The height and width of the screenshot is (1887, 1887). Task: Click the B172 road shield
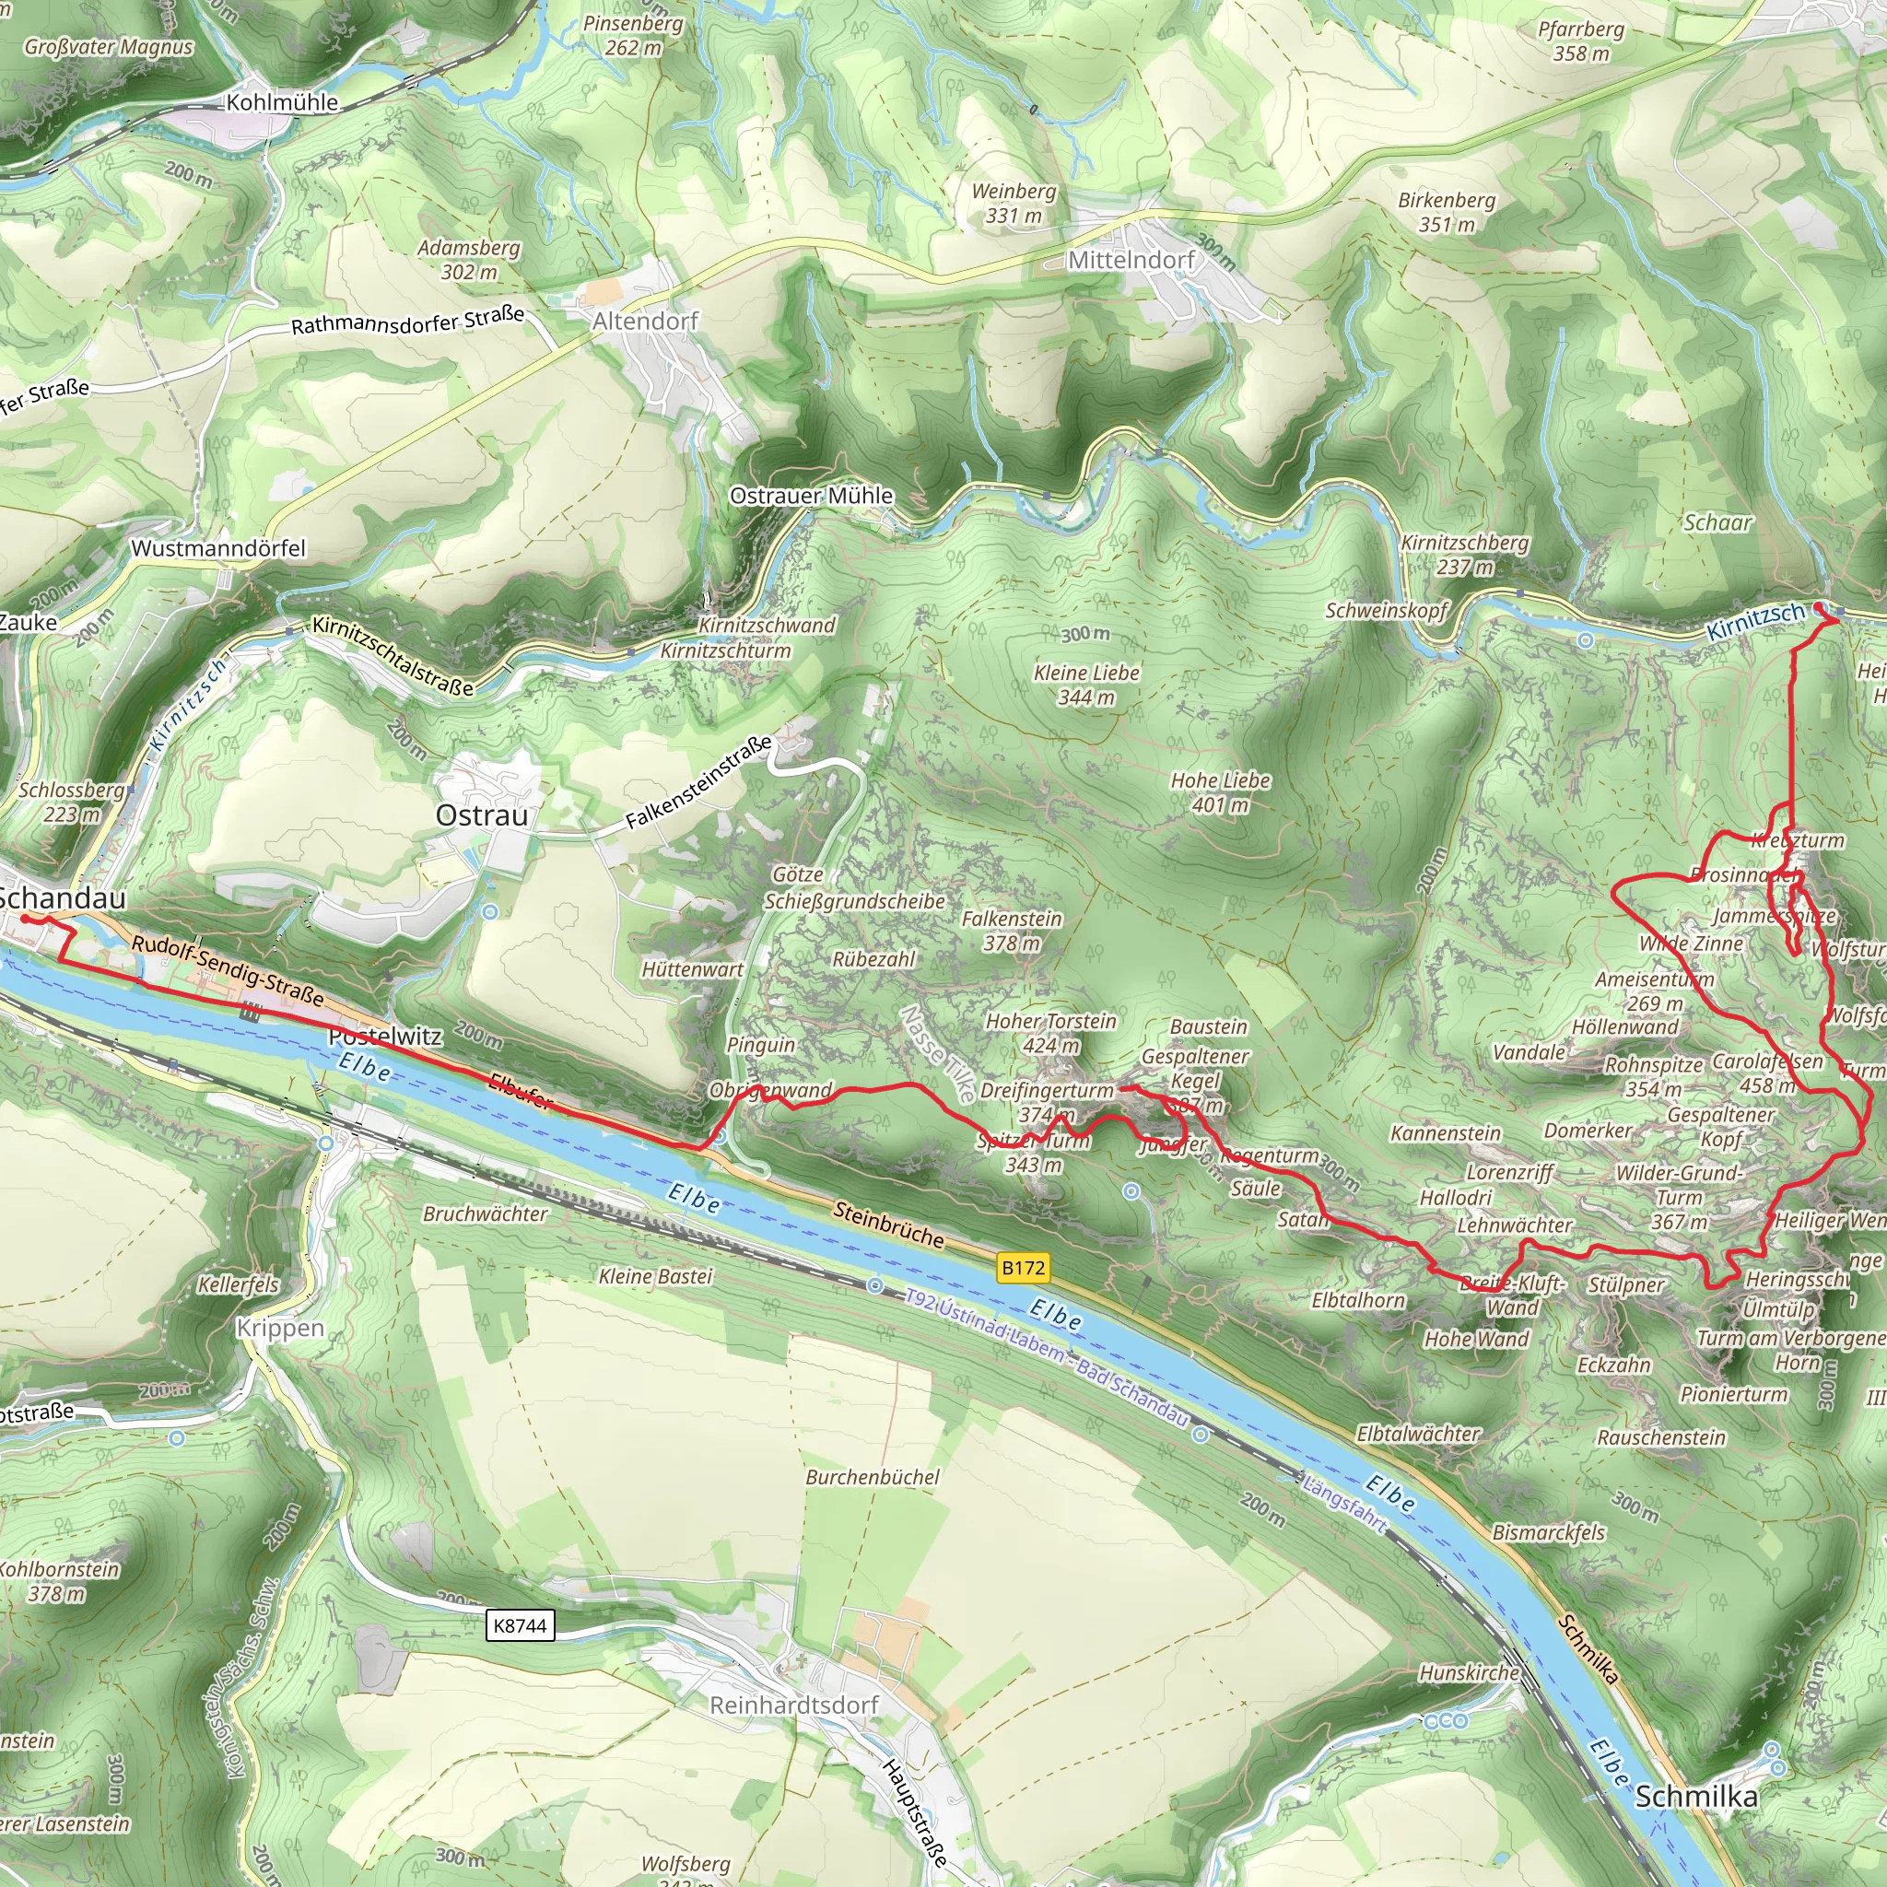click(1023, 1268)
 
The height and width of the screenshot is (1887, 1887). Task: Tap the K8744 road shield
click(520, 1625)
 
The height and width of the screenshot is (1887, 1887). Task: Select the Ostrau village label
click(482, 815)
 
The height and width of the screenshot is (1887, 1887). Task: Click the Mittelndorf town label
click(1131, 260)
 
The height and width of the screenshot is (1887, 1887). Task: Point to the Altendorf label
click(646, 321)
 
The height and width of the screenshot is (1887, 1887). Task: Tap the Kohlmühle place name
click(282, 102)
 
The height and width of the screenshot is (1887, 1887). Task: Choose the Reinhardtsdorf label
click(794, 1705)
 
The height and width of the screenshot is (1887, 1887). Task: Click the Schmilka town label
click(1695, 1795)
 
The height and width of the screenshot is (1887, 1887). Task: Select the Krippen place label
click(280, 1328)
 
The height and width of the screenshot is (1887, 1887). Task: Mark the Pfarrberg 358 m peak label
click(1581, 41)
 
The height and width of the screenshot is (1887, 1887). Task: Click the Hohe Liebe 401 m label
click(1220, 792)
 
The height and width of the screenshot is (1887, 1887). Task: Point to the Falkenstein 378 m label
click(1011, 930)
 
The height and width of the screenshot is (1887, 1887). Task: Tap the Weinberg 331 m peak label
click(1014, 203)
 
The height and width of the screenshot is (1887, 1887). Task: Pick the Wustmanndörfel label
click(218, 548)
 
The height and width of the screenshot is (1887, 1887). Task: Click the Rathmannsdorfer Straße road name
click(407, 321)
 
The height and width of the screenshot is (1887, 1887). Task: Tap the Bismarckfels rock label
click(1548, 1531)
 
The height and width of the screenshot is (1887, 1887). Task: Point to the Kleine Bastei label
click(655, 1275)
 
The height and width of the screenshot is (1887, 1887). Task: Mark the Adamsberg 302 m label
click(469, 260)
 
